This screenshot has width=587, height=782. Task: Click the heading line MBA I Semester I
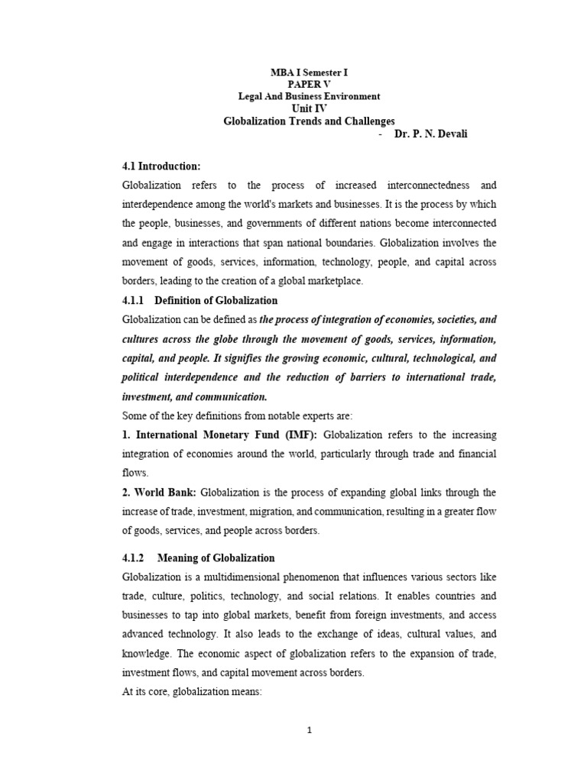(x=309, y=72)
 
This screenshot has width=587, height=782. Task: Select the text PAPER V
(x=309, y=84)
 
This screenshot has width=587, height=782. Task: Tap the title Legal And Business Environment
(x=309, y=96)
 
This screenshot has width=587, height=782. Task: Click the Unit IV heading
(x=309, y=108)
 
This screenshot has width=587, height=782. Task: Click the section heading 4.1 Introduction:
(x=161, y=166)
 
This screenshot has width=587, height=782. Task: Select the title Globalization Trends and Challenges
(x=309, y=121)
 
